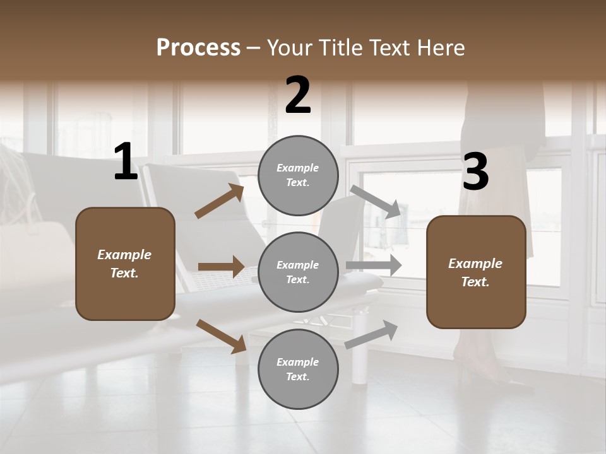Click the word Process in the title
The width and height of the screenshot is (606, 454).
[x=198, y=47]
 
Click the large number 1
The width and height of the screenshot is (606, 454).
[x=126, y=162]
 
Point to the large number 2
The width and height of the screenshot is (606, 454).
[x=298, y=95]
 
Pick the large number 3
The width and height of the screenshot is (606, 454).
[x=475, y=172]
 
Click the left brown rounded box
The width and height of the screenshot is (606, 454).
[x=125, y=264]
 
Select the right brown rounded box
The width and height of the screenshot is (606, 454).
[x=476, y=272]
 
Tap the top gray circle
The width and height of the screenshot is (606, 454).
[x=298, y=175]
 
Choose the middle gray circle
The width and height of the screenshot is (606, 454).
[x=298, y=272]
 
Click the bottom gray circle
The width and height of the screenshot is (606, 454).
[x=298, y=369]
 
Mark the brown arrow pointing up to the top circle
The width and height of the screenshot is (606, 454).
[x=219, y=201]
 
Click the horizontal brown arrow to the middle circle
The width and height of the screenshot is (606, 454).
[x=221, y=267]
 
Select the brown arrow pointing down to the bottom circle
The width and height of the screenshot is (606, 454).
[x=221, y=335]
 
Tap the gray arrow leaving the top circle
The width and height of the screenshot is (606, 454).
[x=376, y=201]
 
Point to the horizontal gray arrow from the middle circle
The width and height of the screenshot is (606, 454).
[x=374, y=265]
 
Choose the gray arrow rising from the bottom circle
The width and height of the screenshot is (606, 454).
[x=372, y=334]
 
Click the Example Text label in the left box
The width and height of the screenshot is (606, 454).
[x=124, y=264]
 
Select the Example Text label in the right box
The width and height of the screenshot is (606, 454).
[x=475, y=272]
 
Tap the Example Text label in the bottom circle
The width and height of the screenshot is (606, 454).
[x=297, y=370]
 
